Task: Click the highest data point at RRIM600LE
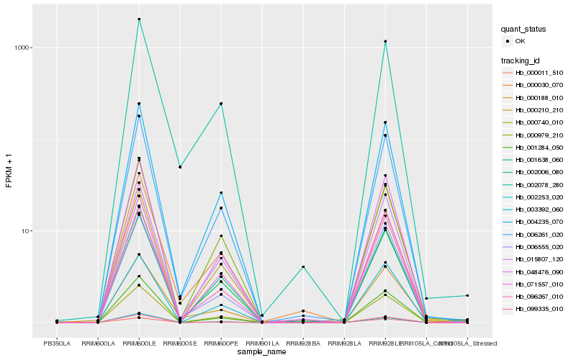tap(139, 19)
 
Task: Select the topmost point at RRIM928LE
tap(385, 42)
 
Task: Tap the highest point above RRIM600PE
tap(221, 104)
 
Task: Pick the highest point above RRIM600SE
tap(180, 167)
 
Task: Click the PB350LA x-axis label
tap(57, 343)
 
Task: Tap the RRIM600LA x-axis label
tap(98, 343)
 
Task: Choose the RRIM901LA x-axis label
tap(262, 343)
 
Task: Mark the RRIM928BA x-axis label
tap(303, 343)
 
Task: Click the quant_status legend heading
tap(524, 30)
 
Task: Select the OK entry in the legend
tap(520, 41)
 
